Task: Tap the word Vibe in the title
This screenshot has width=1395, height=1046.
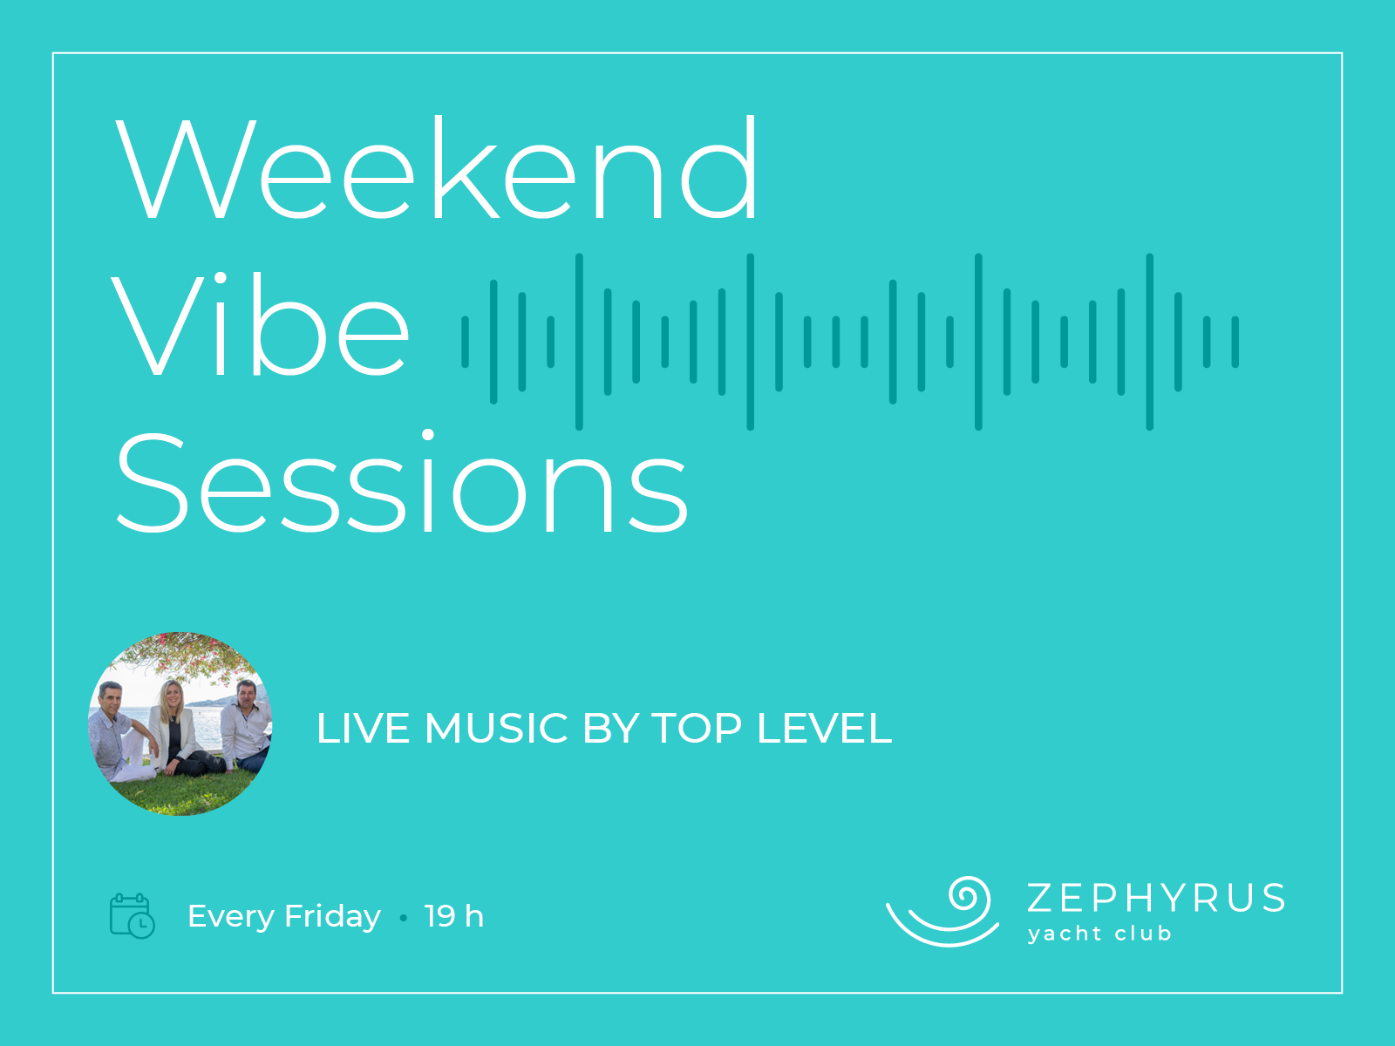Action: [260, 324]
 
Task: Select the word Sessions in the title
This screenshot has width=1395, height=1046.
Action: [402, 481]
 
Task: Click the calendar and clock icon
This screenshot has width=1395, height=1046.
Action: [133, 916]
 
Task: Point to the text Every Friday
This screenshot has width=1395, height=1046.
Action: [284, 916]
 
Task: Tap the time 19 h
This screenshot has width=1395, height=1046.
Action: [453, 916]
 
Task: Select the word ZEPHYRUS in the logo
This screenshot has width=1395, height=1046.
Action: [1156, 898]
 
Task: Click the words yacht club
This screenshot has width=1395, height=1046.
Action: [1099, 934]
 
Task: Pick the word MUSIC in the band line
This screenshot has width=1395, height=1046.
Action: [496, 728]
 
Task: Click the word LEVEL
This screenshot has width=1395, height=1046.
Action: [825, 728]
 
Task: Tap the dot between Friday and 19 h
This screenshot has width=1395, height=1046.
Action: [404, 918]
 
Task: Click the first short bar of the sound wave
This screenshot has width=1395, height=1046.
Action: [466, 342]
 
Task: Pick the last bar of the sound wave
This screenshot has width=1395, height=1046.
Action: [1235, 342]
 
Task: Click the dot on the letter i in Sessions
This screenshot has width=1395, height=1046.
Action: [428, 434]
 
